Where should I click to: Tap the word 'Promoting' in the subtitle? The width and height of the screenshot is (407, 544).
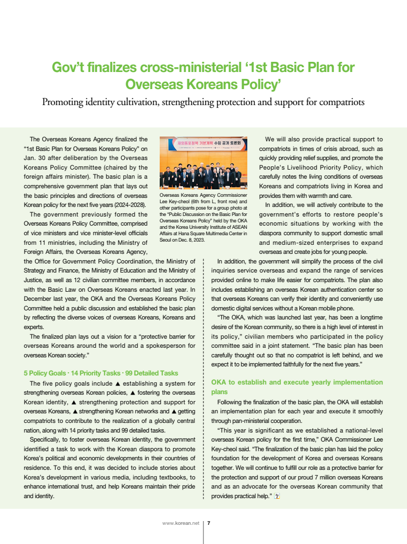tap(64, 102)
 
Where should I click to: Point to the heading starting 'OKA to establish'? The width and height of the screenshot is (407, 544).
tap(297, 382)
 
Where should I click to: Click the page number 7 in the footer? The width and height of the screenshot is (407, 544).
tap(209, 523)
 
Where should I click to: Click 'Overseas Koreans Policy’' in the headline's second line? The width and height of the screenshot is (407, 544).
tap(203, 84)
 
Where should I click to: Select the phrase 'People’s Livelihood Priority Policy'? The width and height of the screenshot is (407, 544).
tap(320, 167)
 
